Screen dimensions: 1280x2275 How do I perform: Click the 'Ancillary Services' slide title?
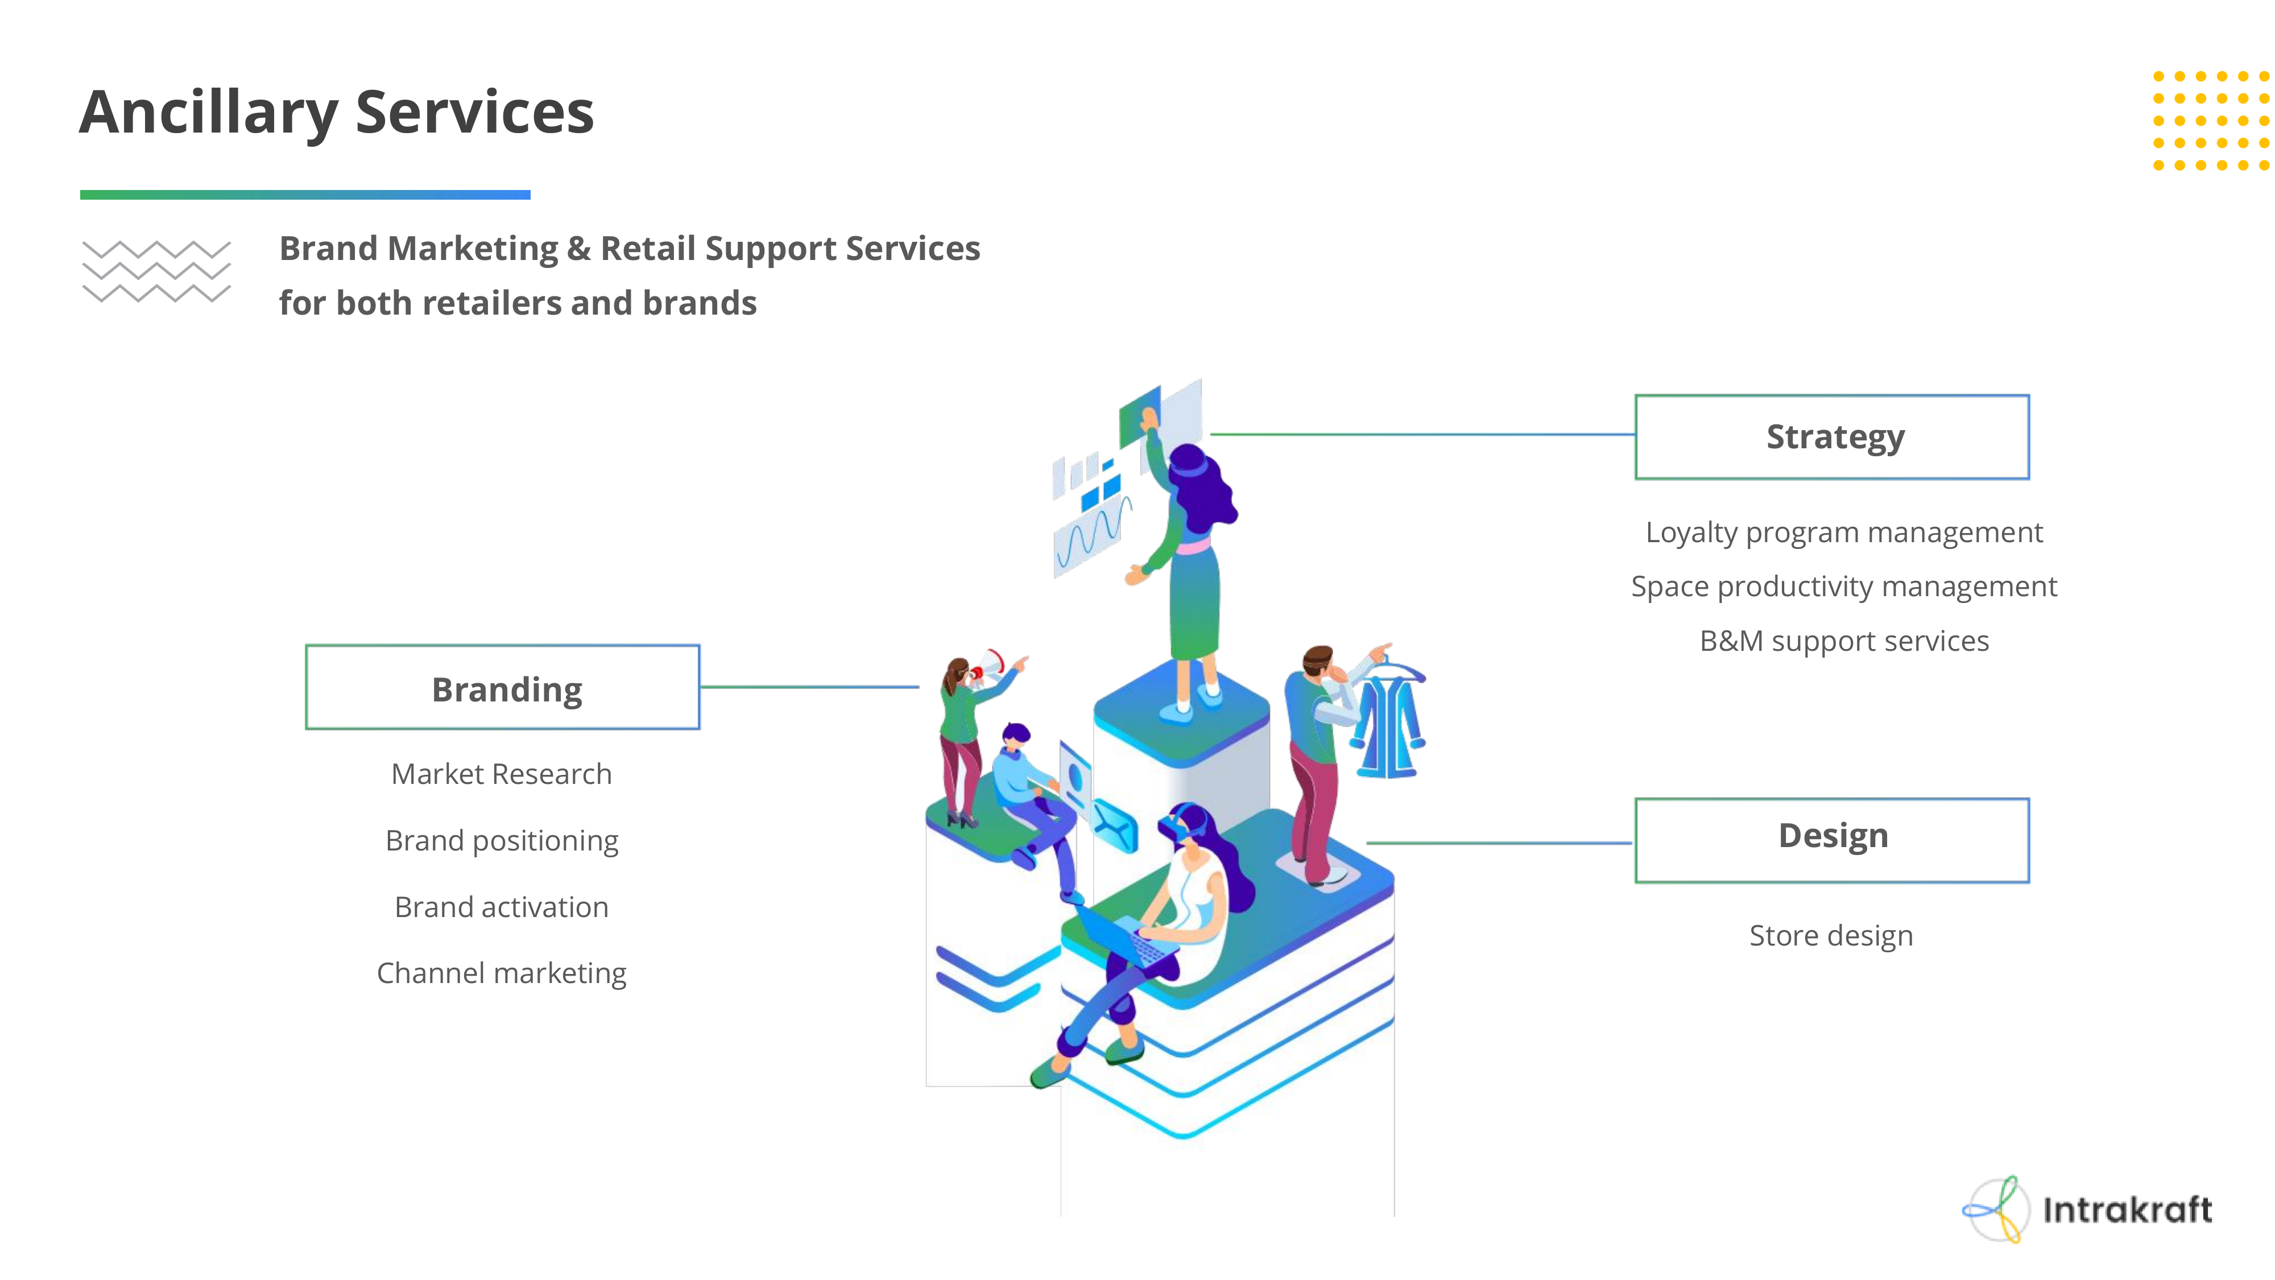[337, 113]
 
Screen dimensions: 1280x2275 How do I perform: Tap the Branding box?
[503, 687]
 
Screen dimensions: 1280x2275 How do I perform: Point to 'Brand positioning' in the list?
[502, 840]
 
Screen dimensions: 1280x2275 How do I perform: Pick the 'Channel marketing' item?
[502, 973]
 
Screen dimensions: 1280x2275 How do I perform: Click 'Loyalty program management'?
[1843, 532]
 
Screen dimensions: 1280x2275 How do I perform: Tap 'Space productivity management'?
[1843, 587]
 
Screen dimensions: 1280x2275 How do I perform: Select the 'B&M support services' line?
[1843, 641]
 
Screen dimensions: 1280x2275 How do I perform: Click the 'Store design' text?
[1831, 935]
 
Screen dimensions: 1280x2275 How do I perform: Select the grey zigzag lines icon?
[156, 271]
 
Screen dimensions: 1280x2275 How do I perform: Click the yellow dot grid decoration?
[2211, 121]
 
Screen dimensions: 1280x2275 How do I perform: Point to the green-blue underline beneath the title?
[305, 195]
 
